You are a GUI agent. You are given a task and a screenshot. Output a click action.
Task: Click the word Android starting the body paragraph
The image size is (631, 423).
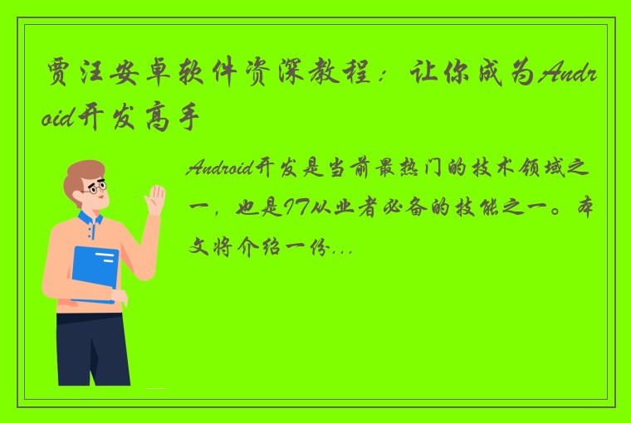pyautogui.click(x=219, y=169)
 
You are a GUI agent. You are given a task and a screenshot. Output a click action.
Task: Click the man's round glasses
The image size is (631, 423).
pyautogui.click(x=98, y=189)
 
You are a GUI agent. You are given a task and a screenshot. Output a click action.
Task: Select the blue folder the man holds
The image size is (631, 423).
pyautogui.click(x=95, y=275)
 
